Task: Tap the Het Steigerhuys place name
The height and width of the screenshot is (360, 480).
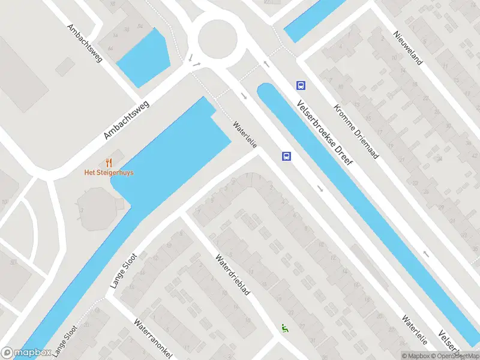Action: click(x=109, y=173)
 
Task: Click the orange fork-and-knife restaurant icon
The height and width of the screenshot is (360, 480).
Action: click(x=109, y=162)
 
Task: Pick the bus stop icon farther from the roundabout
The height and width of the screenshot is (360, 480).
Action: click(x=287, y=157)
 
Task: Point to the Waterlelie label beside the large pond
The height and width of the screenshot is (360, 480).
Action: click(x=245, y=136)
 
